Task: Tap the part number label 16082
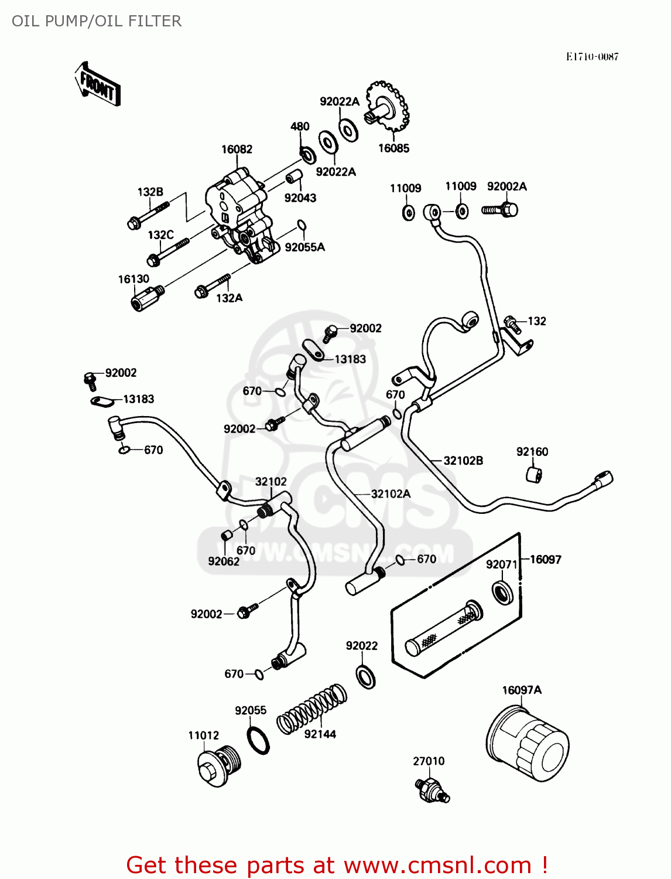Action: (x=237, y=149)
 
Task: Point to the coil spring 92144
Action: (x=311, y=708)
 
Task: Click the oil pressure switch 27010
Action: (x=432, y=791)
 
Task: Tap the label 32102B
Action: (x=463, y=461)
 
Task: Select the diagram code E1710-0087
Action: (x=592, y=57)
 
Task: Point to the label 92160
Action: (x=532, y=452)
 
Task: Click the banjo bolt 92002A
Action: (x=501, y=209)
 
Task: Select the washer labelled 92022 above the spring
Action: (x=366, y=676)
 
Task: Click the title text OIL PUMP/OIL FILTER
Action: (x=97, y=21)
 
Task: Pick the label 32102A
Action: (x=391, y=494)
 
